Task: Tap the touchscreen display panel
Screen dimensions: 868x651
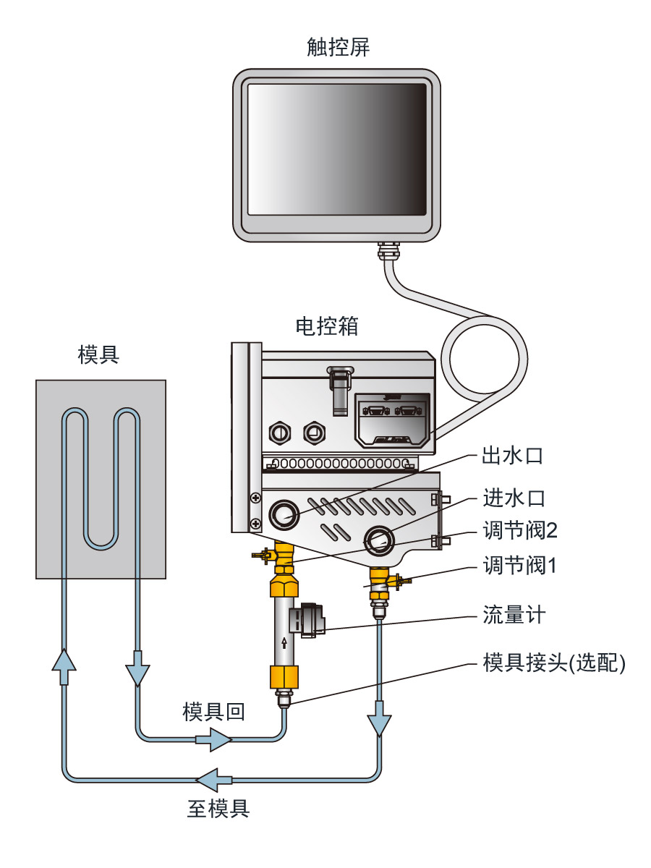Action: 337,149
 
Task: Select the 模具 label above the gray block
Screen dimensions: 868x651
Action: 98,354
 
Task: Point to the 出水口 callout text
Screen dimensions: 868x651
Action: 512,456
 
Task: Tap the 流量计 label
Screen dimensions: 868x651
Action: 512,616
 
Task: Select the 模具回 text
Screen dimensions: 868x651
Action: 213,712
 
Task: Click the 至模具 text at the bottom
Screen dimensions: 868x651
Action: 218,808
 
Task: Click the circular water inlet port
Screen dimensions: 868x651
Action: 379,538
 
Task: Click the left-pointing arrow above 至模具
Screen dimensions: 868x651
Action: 214,780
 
